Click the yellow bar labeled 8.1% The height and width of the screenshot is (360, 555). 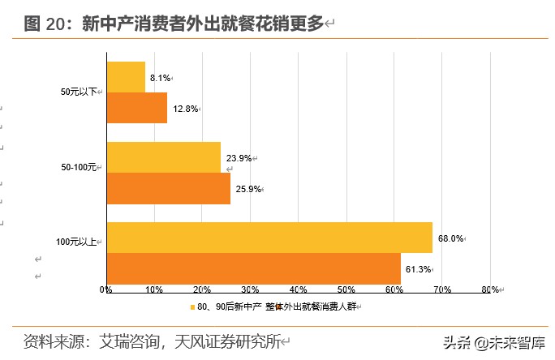point(126,77)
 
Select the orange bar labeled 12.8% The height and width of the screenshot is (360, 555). point(136,108)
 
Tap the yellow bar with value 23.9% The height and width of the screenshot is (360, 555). point(163,157)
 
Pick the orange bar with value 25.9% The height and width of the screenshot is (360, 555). point(168,188)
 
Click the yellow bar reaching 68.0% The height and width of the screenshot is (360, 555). point(269,238)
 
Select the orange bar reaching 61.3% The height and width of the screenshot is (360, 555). point(253,268)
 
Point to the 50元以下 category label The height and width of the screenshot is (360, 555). point(78,92)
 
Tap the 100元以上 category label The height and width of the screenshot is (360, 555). point(76,242)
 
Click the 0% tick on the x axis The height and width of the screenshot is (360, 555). point(105,289)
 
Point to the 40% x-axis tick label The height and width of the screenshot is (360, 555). point(298,289)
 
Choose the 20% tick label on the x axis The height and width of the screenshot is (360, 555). point(201,289)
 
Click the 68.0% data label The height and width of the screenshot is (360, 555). point(450,238)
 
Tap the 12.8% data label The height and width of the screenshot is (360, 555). point(184,109)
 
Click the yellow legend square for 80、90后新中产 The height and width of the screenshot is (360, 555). point(192,306)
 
